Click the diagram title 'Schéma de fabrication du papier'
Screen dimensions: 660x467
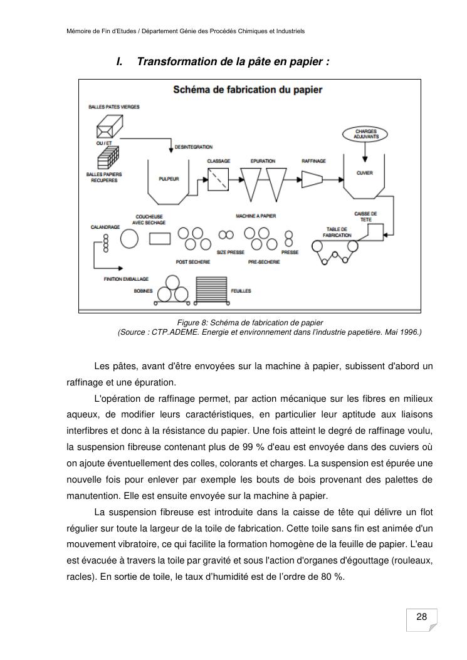(x=248, y=90)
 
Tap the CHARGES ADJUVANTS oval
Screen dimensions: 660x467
(x=365, y=134)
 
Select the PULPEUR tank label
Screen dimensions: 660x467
(x=169, y=179)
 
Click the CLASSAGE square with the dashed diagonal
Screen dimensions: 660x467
(x=219, y=181)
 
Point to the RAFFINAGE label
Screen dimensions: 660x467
(x=313, y=161)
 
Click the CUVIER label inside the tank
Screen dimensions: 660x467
(x=364, y=173)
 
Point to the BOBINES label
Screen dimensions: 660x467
(x=143, y=291)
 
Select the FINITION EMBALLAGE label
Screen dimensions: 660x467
(x=126, y=279)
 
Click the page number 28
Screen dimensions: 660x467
(x=422, y=617)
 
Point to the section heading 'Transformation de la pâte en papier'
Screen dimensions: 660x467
(x=233, y=62)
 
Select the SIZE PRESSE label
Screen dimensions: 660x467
(x=231, y=252)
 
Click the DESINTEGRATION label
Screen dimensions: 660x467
(x=193, y=147)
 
